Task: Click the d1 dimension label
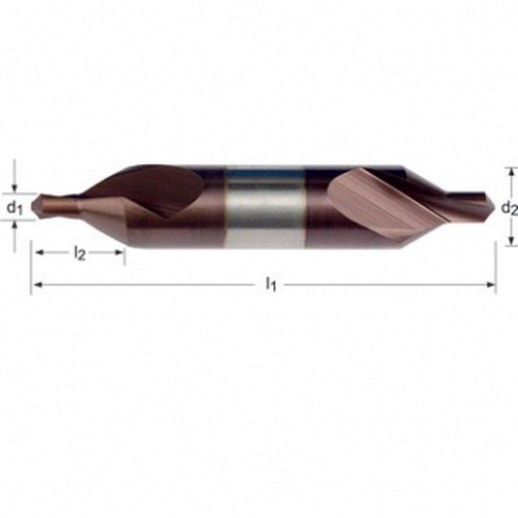[x=14, y=208]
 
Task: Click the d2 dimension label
[x=510, y=208]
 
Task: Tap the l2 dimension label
[x=79, y=253]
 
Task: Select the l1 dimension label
[x=271, y=284]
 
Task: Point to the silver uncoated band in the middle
[x=264, y=207]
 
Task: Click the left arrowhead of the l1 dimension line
[x=38, y=285]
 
